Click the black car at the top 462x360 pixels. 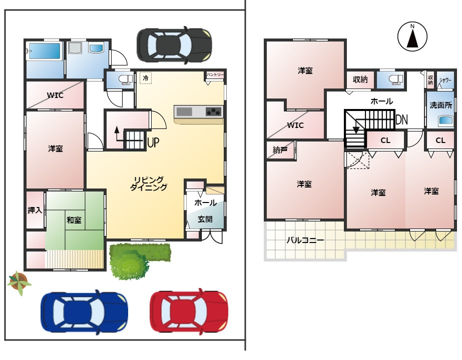174,45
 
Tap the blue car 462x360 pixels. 84,312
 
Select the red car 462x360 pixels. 189,311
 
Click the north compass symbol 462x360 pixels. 412,36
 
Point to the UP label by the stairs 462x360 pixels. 153,142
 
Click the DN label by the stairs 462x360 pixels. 401,119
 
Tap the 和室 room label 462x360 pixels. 74,220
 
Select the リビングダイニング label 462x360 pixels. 149,183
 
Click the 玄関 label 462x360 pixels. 205,219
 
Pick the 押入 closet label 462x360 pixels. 35,210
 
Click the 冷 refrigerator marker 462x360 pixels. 146,78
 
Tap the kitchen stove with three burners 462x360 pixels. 214,112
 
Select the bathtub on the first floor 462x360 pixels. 44,51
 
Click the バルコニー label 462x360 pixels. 305,240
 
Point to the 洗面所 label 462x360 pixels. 441,105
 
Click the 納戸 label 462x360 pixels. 280,150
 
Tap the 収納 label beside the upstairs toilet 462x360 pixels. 360,79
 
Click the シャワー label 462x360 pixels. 445,80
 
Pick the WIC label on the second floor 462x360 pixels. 295,125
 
